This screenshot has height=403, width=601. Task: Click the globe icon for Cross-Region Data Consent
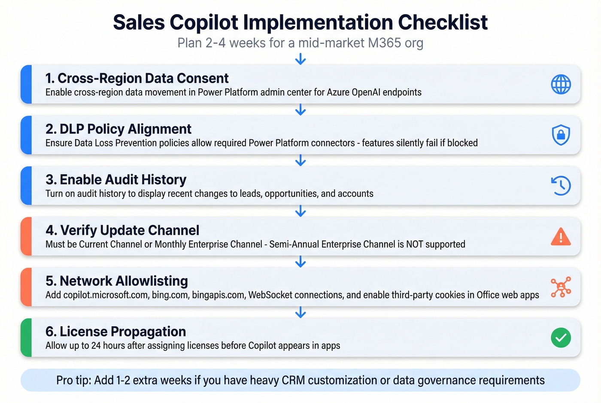[561, 84]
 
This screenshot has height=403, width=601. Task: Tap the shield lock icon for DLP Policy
[561, 135]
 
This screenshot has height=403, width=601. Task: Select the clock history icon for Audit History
[561, 185]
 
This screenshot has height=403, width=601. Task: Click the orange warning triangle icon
[561, 236]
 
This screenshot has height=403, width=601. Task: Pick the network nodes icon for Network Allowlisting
[561, 287]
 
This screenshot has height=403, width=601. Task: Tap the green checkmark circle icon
[561, 337]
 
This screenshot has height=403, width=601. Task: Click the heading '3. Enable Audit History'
[116, 179]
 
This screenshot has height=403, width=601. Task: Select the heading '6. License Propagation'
[116, 331]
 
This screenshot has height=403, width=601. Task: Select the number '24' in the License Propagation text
[96, 345]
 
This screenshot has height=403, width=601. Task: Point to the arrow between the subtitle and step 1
[300, 59]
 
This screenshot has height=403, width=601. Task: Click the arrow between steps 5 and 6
[300, 312]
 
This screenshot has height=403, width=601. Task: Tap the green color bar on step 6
[26, 337]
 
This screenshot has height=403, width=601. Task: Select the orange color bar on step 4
[26, 236]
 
